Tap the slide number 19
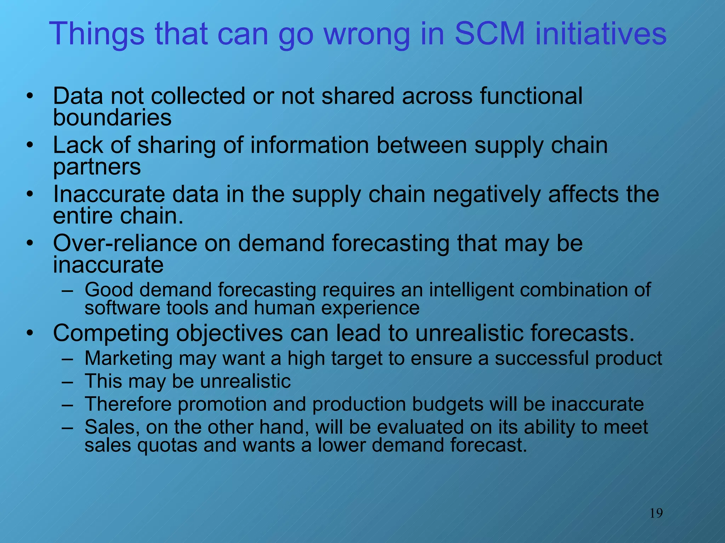point(656,513)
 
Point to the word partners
point(97,168)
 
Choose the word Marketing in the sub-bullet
point(129,358)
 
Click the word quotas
point(167,445)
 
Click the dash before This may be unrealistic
point(67,382)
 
